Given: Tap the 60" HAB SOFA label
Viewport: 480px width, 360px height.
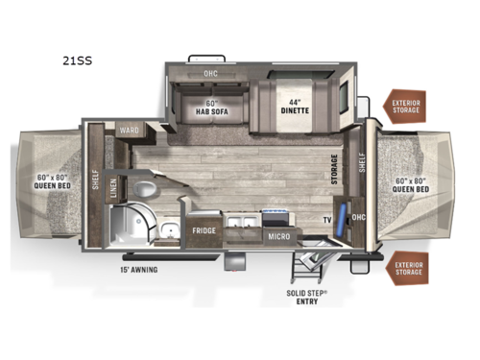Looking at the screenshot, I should pos(211,107).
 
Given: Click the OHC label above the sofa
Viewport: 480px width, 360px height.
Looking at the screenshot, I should pos(210,73).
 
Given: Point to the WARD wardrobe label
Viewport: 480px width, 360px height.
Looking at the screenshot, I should pos(130,131).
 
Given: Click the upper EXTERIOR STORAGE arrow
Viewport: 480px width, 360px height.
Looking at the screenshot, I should pos(405,107).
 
